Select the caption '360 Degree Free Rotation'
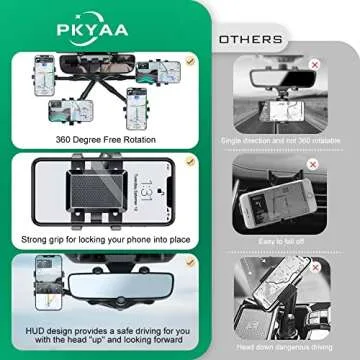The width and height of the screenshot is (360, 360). click(x=104, y=139)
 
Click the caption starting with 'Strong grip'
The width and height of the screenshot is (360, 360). click(x=105, y=240)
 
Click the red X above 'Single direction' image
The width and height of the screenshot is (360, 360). click(x=313, y=64)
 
